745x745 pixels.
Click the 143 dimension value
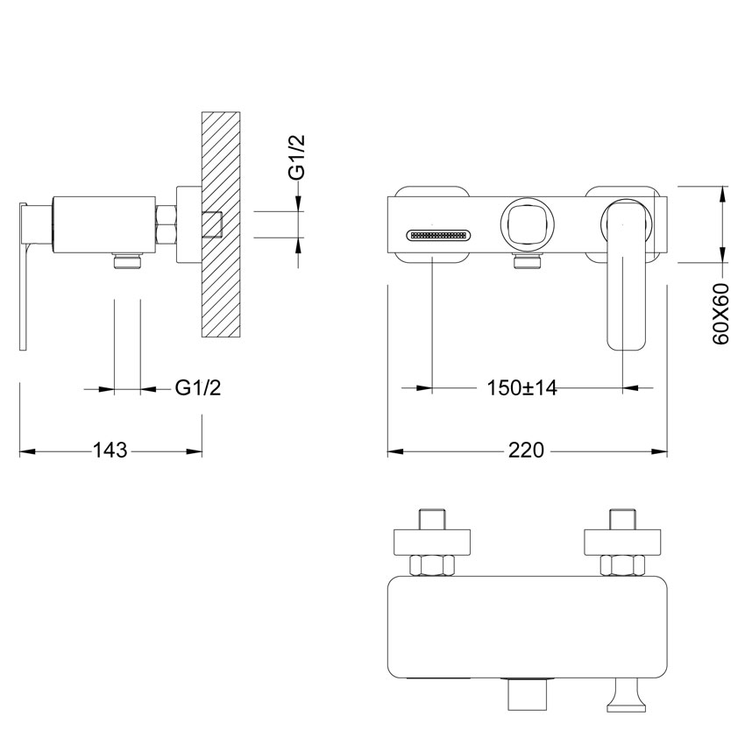[110, 451]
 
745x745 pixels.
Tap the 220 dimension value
[526, 451]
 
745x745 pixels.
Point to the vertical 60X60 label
[721, 313]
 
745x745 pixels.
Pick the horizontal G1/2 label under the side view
[199, 387]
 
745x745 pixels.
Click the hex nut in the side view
[167, 225]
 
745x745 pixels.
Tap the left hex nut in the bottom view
[431, 566]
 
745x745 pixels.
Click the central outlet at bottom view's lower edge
[527, 699]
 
